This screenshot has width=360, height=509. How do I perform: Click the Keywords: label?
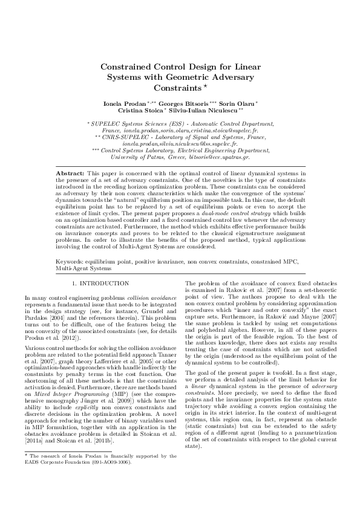71,261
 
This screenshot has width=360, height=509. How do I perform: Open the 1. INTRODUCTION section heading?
100,283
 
